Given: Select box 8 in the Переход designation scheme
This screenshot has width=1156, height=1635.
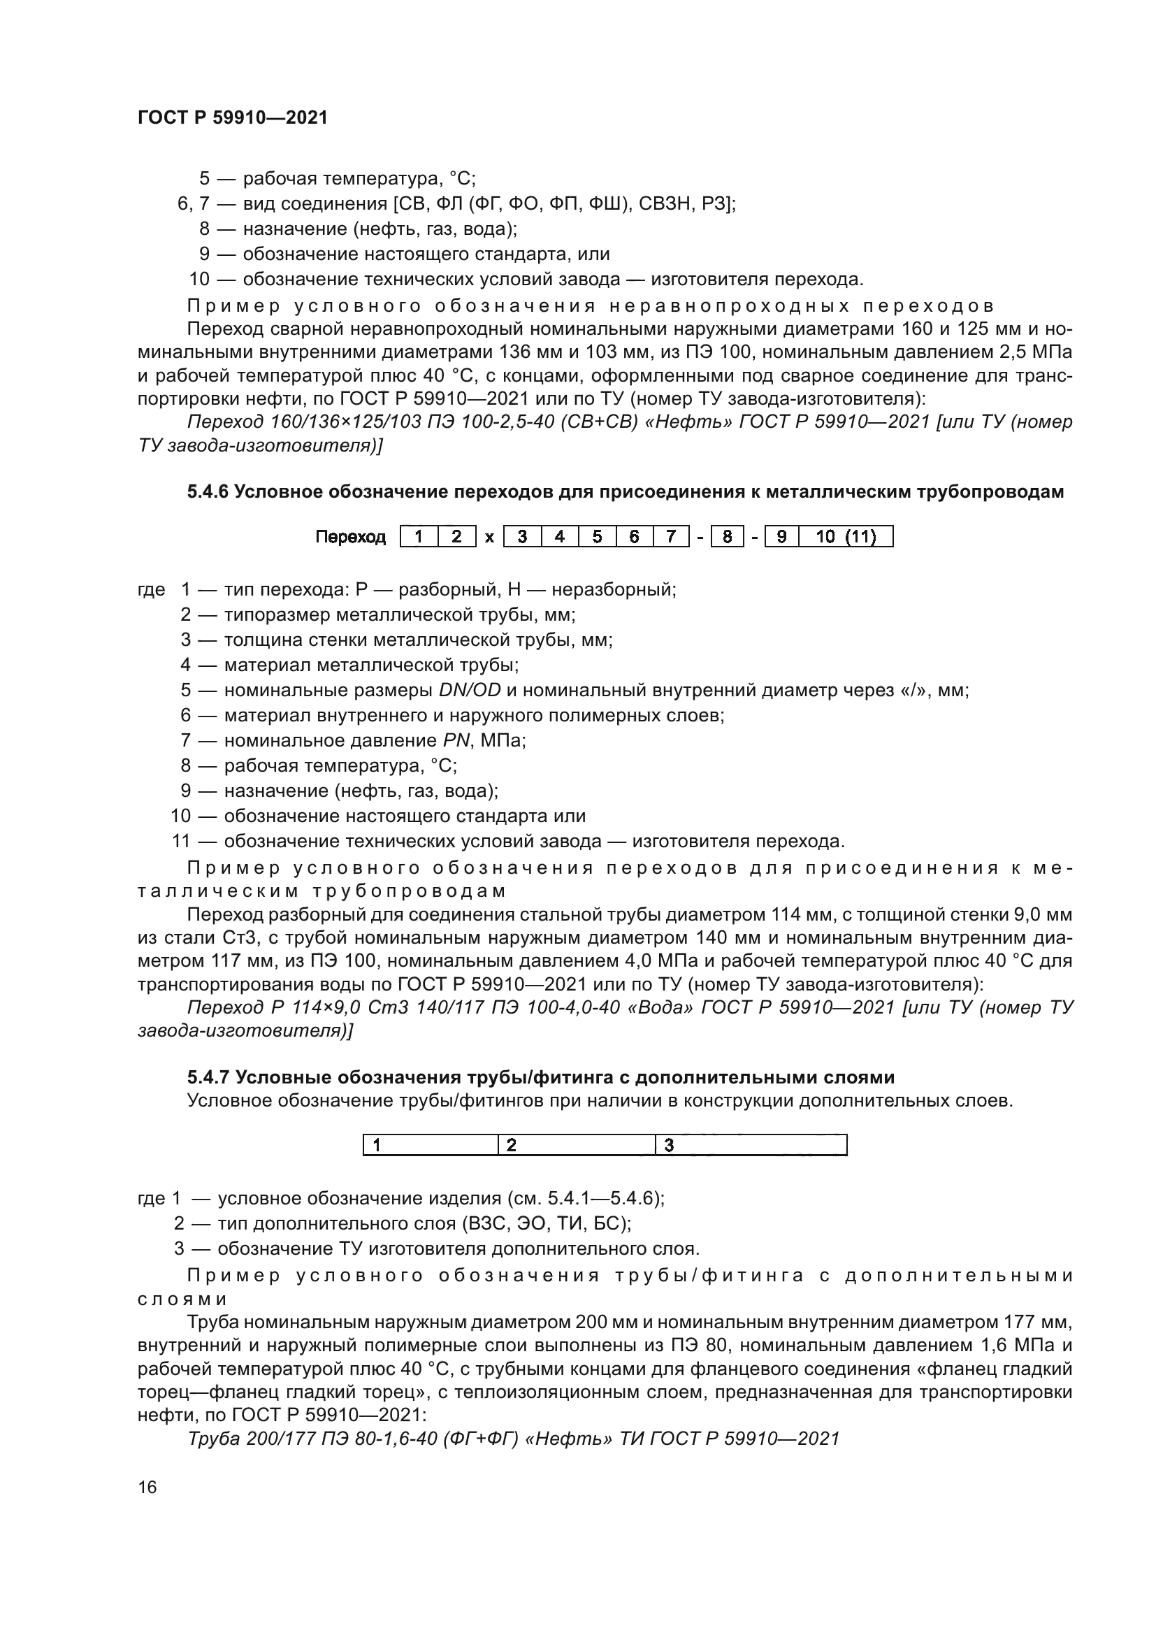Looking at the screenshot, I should click(727, 536).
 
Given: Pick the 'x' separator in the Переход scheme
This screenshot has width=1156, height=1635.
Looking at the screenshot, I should click(489, 538).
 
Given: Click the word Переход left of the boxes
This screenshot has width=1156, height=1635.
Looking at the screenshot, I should click(350, 537).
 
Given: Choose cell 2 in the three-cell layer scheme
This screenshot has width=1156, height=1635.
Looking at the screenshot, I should click(575, 1145).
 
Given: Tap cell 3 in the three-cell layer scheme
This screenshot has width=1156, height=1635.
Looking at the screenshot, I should click(749, 1145).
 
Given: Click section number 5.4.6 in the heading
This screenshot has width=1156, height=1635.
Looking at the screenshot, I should click(207, 492).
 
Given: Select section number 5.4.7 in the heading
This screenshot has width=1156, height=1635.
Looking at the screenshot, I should click(207, 1076).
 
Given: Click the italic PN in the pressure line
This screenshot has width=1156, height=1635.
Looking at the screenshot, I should click(457, 740).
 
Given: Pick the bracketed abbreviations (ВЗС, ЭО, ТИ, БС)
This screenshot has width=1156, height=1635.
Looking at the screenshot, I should click(546, 1224).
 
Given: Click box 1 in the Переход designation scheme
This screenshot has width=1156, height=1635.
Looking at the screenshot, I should click(419, 536).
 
